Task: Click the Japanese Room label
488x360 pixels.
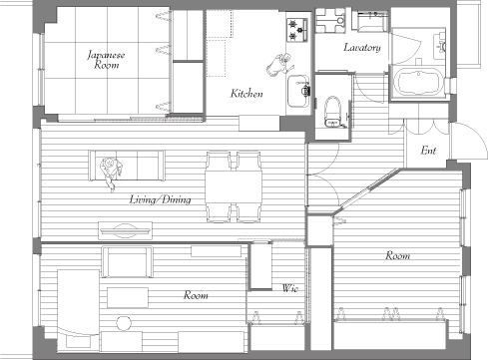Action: [x=106, y=60]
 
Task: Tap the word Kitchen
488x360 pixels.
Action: [x=246, y=94]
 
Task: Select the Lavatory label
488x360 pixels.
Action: [x=362, y=48]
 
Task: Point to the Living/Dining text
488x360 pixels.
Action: [x=160, y=199]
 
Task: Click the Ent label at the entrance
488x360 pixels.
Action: [x=428, y=151]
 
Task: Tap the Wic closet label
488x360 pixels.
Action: [x=290, y=288]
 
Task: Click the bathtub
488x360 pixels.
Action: [x=420, y=82]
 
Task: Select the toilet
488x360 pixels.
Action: [x=332, y=112]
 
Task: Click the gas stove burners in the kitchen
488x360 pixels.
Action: [x=297, y=30]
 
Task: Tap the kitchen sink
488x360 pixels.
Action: [x=298, y=91]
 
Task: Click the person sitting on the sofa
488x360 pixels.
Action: [x=111, y=173]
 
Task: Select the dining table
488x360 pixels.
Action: [x=234, y=186]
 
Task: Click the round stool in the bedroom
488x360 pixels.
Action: [x=124, y=323]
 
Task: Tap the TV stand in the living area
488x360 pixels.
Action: [x=126, y=230]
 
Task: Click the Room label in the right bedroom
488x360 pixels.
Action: [x=397, y=255]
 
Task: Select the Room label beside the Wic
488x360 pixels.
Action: [x=196, y=295]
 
